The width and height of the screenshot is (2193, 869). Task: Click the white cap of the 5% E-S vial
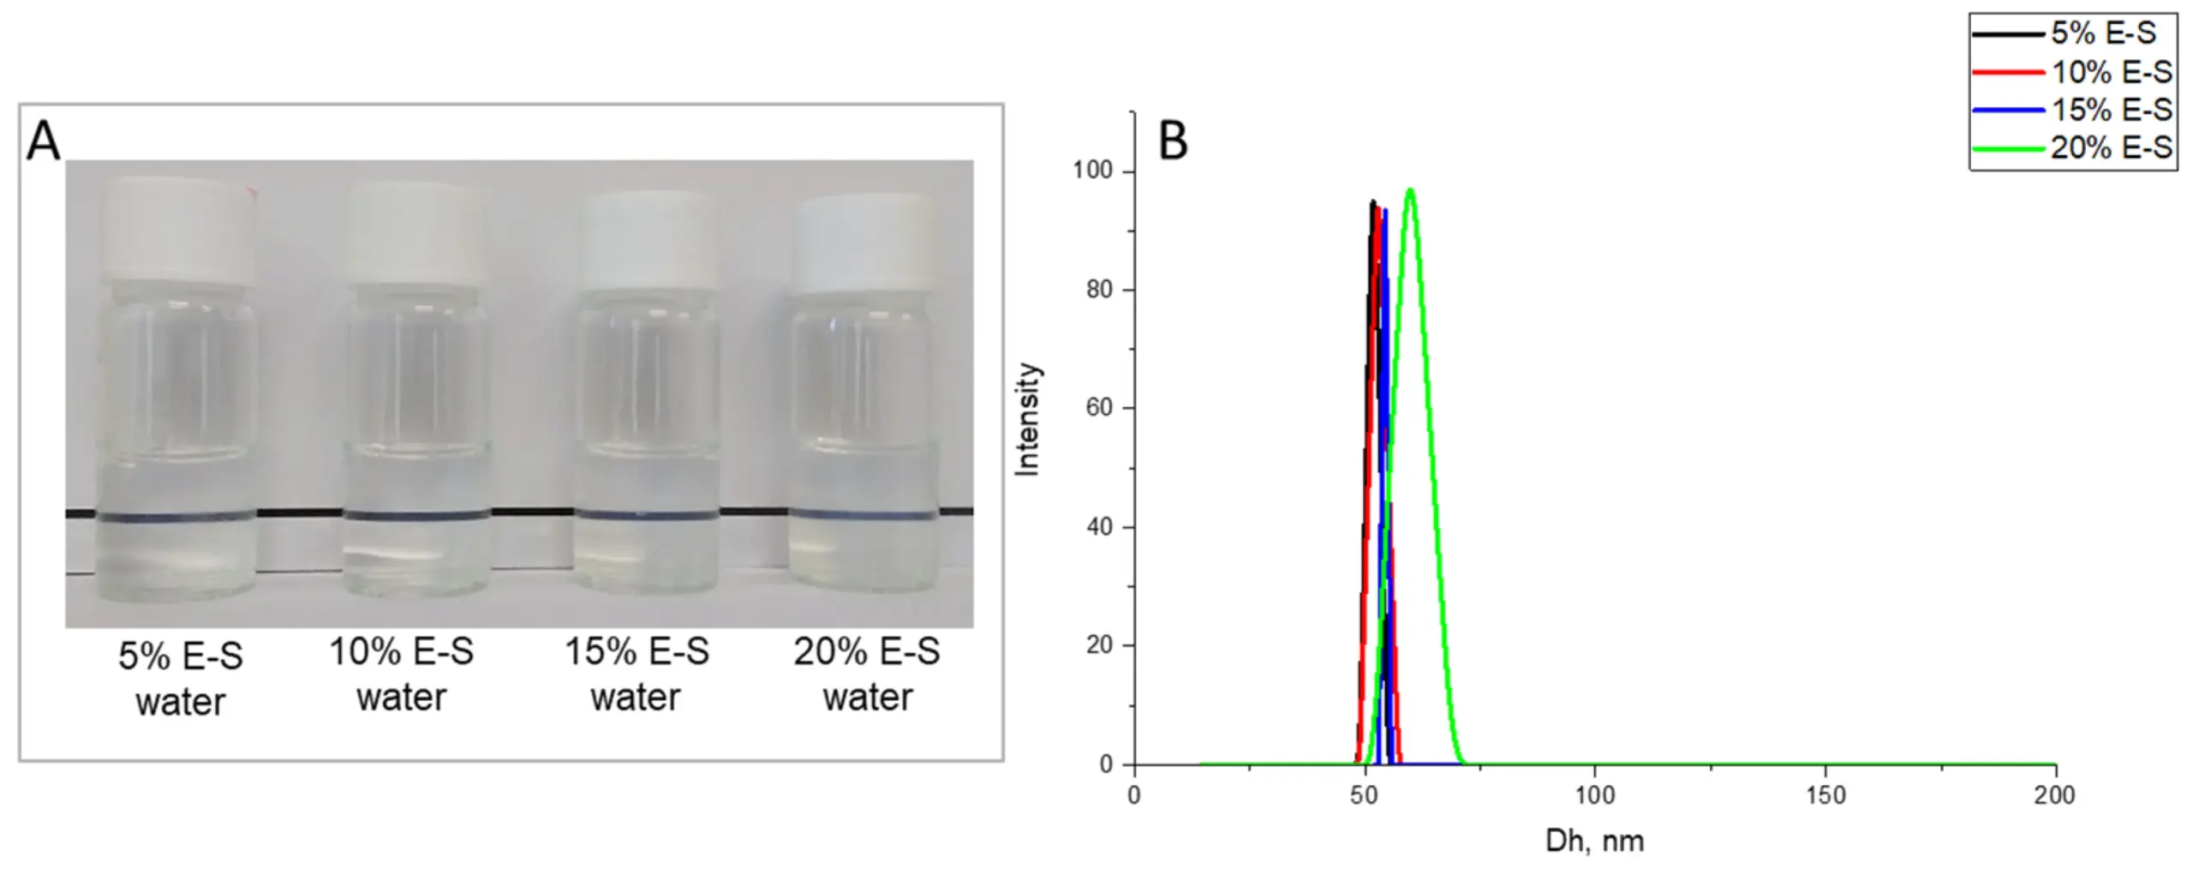(x=179, y=231)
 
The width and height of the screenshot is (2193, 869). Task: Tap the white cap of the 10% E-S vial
(x=417, y=231)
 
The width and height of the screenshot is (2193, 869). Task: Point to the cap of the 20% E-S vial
(x=864, y=244)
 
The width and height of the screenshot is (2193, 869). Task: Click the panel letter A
(x=44, y=142)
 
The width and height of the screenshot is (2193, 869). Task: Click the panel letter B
(x=1173, y=142)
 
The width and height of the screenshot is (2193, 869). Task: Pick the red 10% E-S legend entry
(x=2073, y=73)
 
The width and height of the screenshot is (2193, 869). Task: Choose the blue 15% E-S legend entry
(x=2073, y=111)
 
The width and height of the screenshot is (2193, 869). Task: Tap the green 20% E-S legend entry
(x=2073, y=148)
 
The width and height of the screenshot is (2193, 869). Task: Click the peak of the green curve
(x=1410, y=189)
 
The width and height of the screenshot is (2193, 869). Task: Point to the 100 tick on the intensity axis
(x=1093, y=171)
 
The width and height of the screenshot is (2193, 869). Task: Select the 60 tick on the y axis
(x=1099, y=408)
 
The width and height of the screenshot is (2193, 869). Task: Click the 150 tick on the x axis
(x=1826, y=795)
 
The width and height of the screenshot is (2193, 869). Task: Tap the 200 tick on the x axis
(x=2055, y=795)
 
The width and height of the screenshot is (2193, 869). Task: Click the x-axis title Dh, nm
(x=1594, y=841)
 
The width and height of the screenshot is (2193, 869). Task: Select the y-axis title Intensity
(x=1026, y=419)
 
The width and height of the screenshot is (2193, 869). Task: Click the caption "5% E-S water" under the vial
(x=181, y=679)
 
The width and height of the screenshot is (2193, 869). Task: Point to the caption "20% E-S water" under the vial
(x=867, y=674)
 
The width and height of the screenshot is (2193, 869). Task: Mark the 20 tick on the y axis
(x=1099, y=645)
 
